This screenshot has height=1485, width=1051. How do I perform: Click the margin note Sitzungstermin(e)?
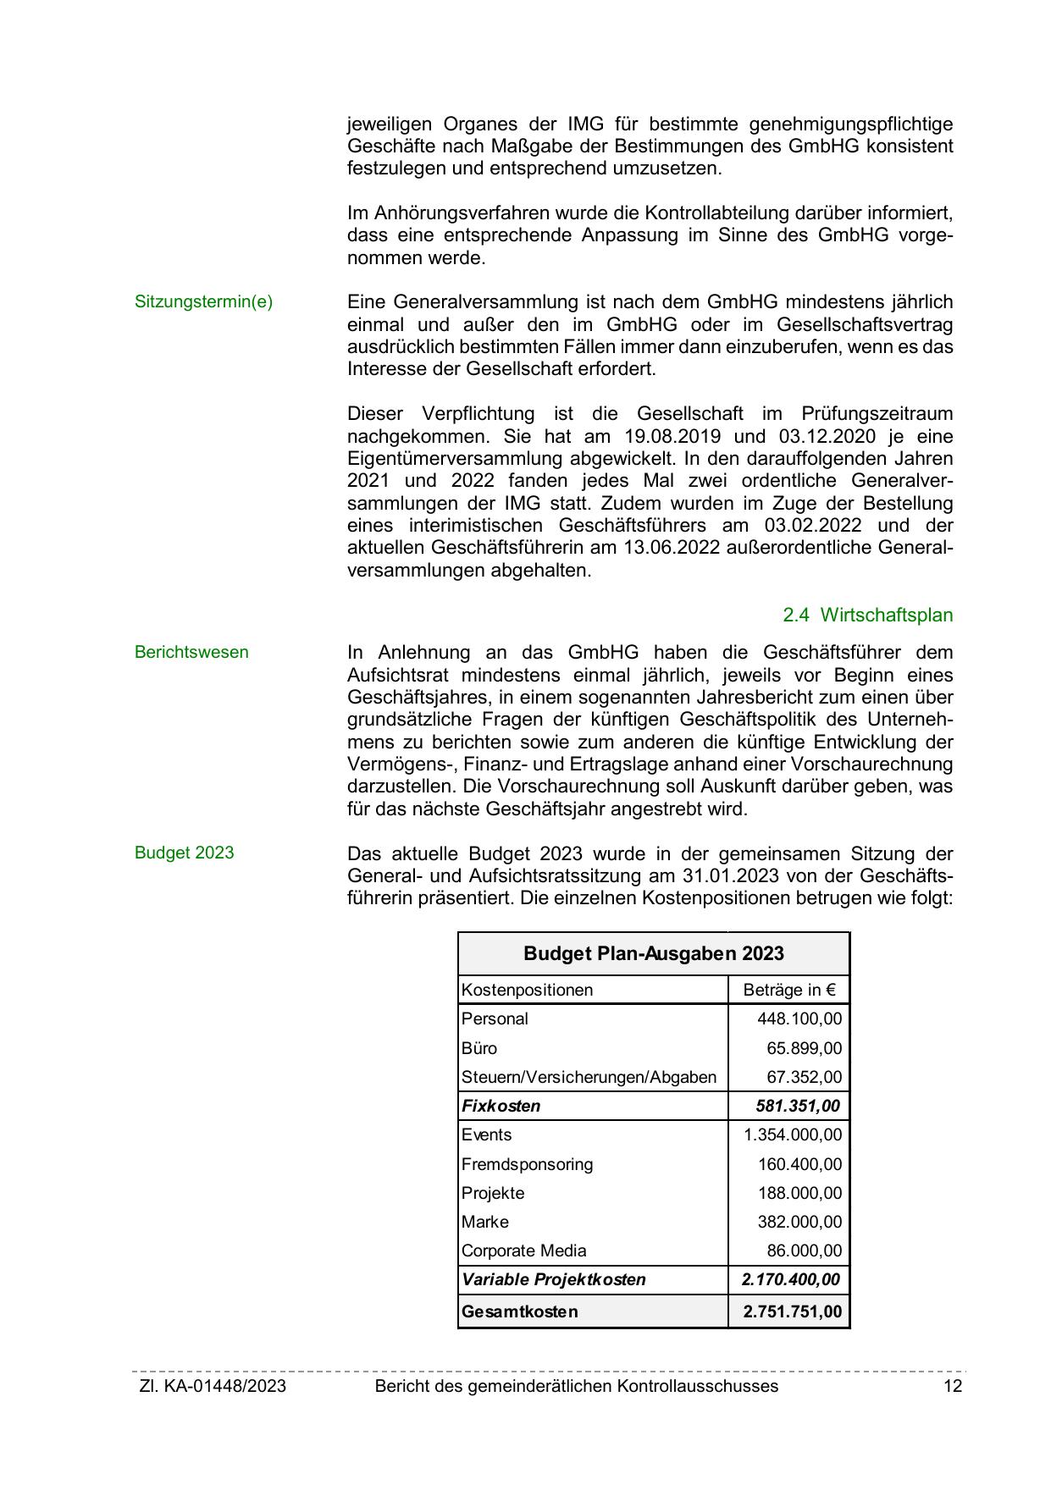(203, 302)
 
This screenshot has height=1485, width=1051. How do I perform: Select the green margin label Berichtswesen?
(191, 653)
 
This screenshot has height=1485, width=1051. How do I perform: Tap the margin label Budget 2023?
(184, 853)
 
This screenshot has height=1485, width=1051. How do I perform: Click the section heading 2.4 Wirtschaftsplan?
(867, 616)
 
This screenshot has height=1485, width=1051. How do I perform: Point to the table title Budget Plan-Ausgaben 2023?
(653, 954)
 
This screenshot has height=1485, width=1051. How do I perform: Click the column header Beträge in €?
(788, 990)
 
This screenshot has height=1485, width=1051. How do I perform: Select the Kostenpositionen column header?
(527, 990)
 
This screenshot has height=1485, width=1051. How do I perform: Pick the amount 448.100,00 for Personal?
(799, 1019)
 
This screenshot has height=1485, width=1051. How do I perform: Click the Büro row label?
(479, 1048)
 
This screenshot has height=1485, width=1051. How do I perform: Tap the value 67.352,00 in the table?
(804, 1077)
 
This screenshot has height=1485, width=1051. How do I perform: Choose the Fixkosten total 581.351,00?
(797, 1106)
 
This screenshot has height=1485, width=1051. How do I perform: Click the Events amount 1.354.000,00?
(793, 1134)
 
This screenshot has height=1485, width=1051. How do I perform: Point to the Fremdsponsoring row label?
(527, 1164)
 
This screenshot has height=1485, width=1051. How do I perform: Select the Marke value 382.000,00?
(799, 1222)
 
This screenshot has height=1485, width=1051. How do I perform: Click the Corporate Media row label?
(523, 1250)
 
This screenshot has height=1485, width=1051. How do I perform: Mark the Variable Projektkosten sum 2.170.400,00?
(790, 1279)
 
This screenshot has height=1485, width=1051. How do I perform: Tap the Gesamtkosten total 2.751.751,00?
(792, 1311)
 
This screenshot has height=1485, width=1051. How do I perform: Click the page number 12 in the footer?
(953, 1386)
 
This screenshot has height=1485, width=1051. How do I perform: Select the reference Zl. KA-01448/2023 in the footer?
(213, 1386)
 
